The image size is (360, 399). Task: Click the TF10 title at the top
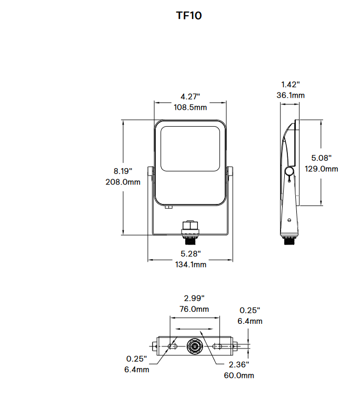point(189,16)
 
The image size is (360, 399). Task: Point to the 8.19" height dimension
point(123,171)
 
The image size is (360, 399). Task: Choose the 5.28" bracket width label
point(191,254)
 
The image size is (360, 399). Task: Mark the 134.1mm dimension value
point(191,264)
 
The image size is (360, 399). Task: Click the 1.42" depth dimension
point(290,85)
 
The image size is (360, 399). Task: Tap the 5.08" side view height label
point(322,158)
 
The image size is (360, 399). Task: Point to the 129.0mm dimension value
point(322,169)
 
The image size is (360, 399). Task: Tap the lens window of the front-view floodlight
point(190,148)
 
